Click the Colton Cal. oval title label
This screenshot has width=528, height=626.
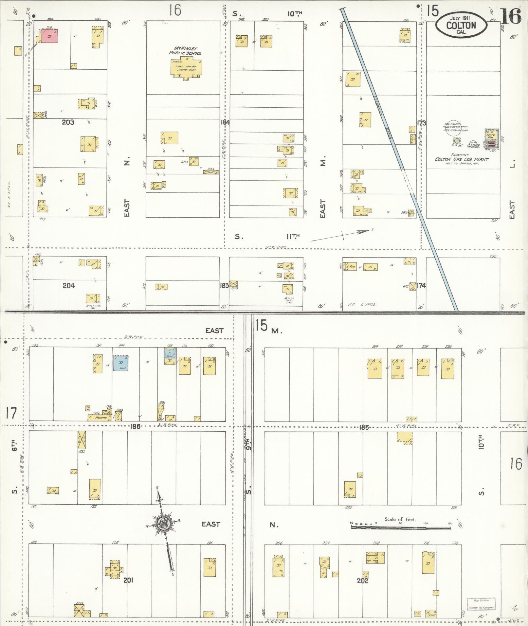(461, 25)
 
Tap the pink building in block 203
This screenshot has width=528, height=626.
(49, 36)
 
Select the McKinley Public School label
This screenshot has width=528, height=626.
(185, 51)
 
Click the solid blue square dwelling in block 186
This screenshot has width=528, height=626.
(121, 363)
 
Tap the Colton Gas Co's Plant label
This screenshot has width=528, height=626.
(462, 159)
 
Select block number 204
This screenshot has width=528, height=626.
(68, 286)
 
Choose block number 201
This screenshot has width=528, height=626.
(128, 581)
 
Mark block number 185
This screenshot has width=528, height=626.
(364, 427)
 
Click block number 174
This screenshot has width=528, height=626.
(421, 286)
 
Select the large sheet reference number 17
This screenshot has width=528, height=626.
(10, 413)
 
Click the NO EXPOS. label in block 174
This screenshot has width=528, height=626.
(362, 305)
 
